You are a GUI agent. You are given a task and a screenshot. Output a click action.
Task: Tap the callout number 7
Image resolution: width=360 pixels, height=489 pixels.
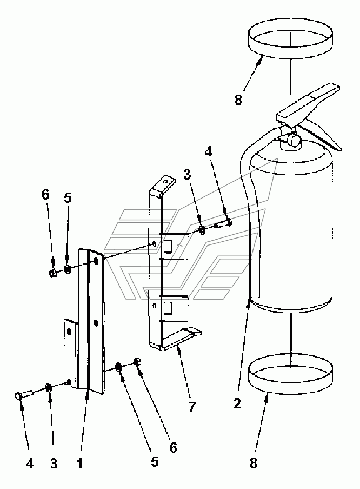[192, 406]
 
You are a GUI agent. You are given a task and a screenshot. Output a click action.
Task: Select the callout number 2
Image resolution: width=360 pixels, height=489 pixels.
[237, 404]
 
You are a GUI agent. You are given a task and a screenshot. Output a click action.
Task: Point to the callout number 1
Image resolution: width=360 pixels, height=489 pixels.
[80, 464]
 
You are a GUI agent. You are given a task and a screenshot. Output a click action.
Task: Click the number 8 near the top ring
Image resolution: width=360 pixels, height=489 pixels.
[238, 100]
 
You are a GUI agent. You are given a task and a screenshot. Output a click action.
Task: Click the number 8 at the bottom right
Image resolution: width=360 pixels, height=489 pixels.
[254, 463]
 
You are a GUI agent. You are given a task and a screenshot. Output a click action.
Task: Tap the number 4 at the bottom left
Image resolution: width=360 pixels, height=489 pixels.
[30, 464]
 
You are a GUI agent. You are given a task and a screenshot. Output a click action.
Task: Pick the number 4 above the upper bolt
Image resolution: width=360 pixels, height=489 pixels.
[208, 151]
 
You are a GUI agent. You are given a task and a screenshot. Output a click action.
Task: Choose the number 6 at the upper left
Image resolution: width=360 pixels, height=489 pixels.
[45, 195]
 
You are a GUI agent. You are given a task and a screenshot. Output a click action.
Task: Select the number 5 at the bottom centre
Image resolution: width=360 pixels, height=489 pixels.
[155, 461]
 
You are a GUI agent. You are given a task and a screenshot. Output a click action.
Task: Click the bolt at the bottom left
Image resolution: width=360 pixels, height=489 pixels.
[23, 394]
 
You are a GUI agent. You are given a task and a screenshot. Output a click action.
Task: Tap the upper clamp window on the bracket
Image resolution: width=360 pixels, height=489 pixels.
[168, 246]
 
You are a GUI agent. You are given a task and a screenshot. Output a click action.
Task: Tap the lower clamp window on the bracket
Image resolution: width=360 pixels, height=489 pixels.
[168, 308]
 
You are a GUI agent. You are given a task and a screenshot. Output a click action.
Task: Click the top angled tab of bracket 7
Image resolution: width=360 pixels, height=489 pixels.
[165, 184]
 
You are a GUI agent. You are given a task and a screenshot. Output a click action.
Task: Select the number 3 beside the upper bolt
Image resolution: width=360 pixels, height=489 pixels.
[186, 175]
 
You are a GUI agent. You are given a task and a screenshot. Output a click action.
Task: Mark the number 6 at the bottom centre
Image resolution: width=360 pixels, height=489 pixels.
[173, 448]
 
